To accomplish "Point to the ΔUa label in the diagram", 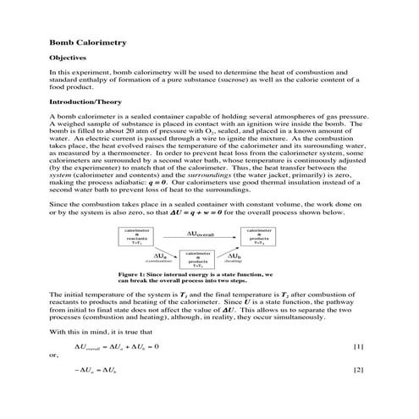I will (160, 254).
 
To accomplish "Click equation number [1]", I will (358, 347).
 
